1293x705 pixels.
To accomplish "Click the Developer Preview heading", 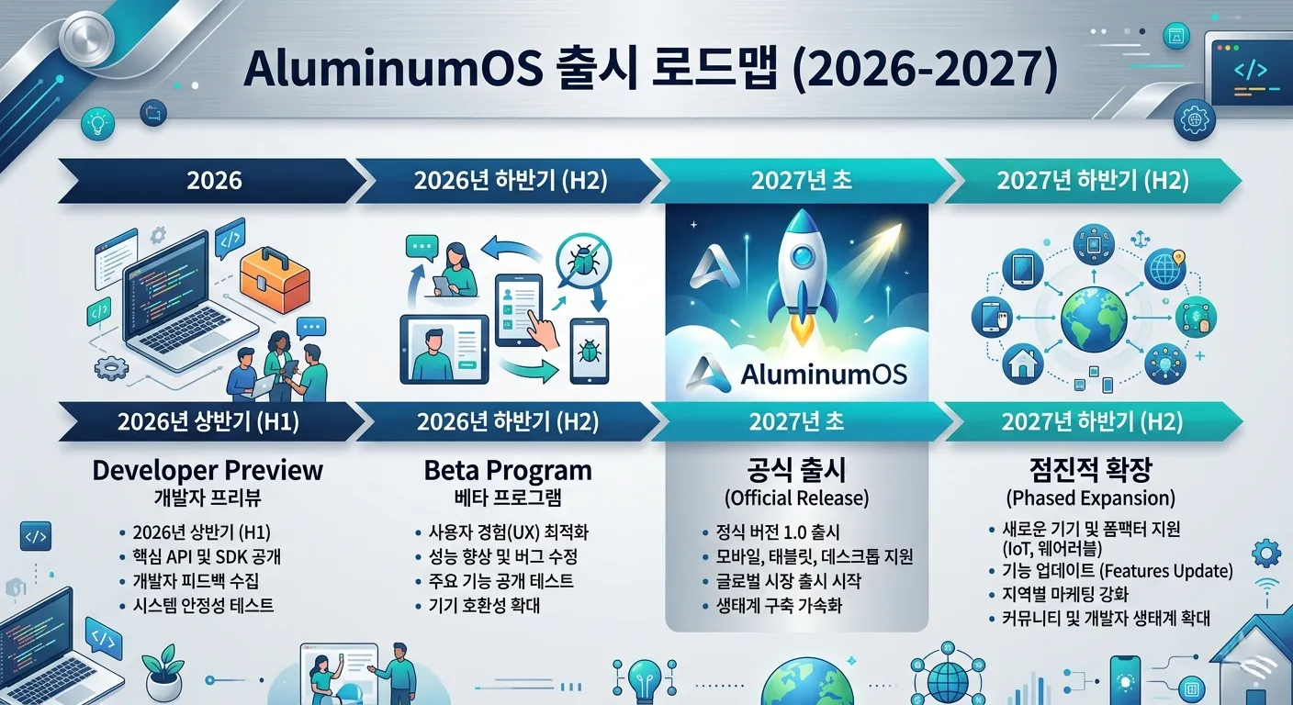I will click(x=208, y=471).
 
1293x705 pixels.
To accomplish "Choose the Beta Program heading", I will click(x=508, y=471).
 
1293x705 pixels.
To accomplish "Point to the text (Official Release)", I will click(x=797, y=498).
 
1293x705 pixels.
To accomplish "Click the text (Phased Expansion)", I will click(x=1090, y=498).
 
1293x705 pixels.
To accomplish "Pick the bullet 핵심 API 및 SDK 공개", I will click(x=207, y=556).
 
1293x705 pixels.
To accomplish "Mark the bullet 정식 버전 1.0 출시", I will click(x=778, y=532).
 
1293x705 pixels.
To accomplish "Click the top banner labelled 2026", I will click(x=214, y=180).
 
